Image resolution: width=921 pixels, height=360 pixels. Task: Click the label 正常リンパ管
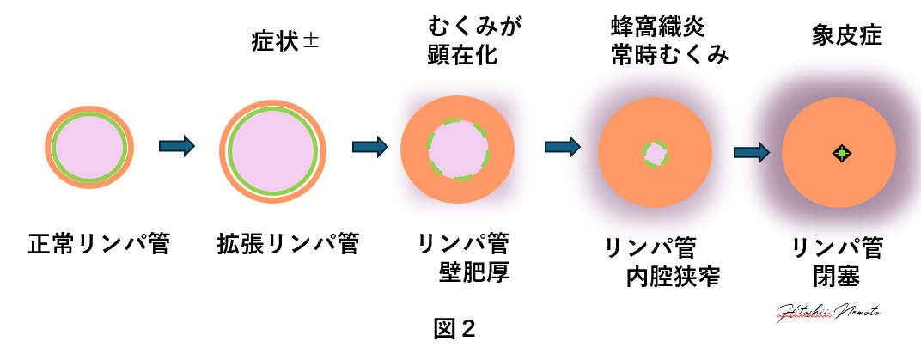click(x=100, y=246)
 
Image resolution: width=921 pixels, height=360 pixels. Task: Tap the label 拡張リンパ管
click(x=287, y=246)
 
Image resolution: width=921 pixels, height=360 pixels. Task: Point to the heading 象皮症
click(x=846, y=37)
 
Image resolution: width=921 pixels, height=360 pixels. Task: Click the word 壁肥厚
click(x=475, y=275)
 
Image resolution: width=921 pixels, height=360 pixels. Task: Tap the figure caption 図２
click(x=454, y=329)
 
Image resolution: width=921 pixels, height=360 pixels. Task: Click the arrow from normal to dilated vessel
click(x=177, y=145)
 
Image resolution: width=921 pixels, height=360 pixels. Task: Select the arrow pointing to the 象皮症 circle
click(x=751, y=152)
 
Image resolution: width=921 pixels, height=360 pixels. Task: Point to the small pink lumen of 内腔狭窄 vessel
click(x=656, y=155)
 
